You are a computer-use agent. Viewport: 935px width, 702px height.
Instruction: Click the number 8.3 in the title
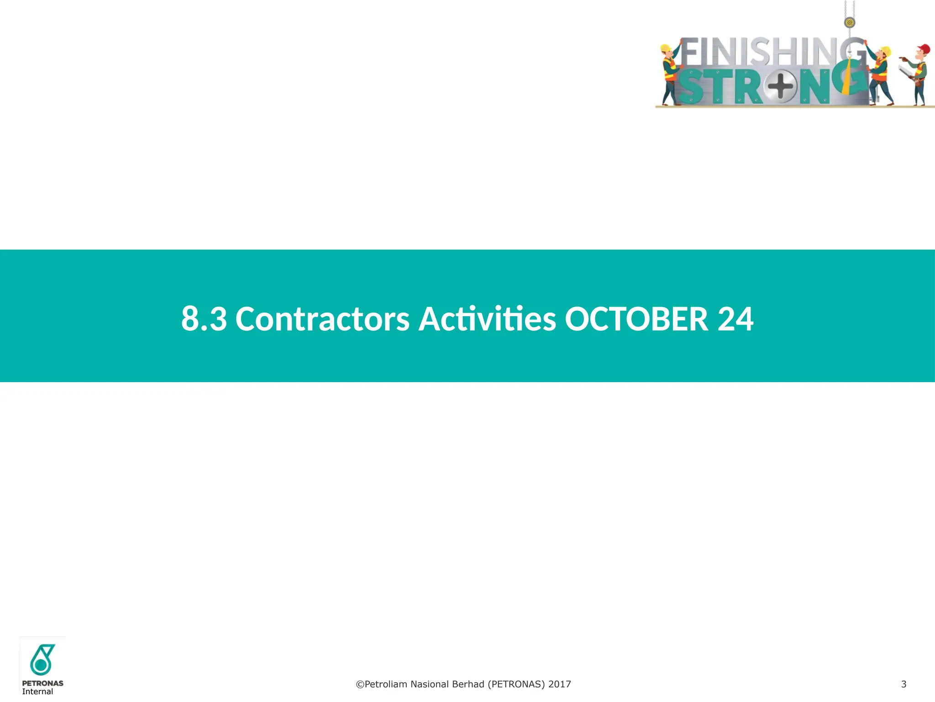point(204,319)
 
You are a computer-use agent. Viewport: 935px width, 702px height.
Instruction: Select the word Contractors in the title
point(322,319)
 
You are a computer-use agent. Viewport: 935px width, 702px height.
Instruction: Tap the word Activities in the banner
point(487,319)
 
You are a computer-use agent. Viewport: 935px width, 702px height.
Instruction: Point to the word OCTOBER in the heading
point(636,319)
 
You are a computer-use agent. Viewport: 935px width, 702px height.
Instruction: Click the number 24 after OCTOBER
point(735,319)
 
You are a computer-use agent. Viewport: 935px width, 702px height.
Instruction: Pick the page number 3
point(903,684)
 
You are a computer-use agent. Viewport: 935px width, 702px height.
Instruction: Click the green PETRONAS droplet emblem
point(42,659)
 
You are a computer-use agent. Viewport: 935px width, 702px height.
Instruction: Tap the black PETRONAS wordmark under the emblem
point(42,683)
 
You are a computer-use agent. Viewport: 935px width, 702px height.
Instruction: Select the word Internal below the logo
point(37,691)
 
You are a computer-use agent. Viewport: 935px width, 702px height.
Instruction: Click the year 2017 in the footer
point(560,684)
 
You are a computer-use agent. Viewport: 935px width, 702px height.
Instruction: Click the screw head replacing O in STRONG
point(780,86)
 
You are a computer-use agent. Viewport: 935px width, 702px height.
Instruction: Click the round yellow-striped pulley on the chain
point(849,22)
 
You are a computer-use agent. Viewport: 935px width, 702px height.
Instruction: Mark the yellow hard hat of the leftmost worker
point(666,48)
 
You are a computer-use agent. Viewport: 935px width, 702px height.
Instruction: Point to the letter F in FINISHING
point(690,53)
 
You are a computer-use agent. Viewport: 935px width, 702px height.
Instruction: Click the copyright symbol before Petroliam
point(360,684)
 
